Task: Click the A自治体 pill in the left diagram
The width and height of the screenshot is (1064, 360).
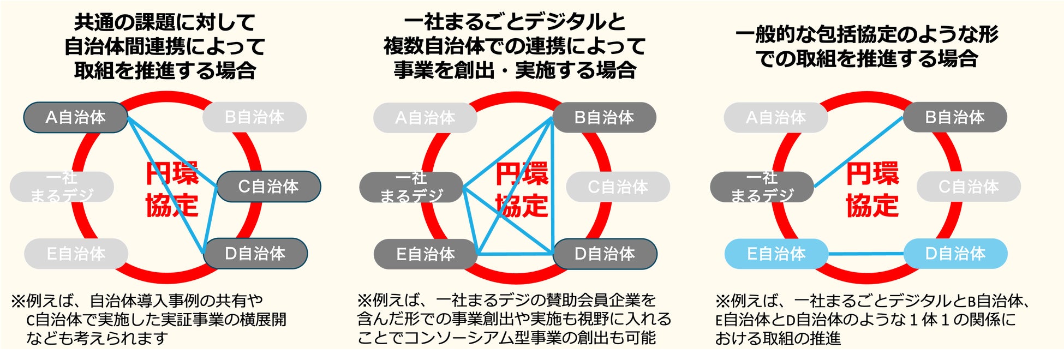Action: coord(75,117)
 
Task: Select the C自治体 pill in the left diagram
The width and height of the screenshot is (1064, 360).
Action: coord(268,187)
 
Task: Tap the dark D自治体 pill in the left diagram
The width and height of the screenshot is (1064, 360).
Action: coord(255,254)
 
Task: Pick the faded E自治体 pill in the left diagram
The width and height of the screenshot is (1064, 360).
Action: coord(76,254)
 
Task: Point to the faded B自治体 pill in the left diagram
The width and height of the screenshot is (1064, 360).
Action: coord(254,117)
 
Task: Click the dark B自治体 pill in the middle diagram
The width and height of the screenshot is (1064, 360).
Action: coord(604,117)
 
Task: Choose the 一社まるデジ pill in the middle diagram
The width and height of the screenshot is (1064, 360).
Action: coord(411,187)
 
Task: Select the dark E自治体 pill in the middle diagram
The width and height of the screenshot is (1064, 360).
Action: coord(425,254)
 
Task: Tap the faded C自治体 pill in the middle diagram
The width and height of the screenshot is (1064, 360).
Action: coord(618,187)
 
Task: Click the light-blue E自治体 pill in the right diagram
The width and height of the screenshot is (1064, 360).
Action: coord(776,254)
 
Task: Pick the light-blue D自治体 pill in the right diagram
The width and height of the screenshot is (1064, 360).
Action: coord(955,254)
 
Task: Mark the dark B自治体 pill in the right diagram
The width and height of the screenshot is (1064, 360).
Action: coord(955,117)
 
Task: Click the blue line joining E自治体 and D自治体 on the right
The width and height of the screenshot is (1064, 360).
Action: coord(865,254)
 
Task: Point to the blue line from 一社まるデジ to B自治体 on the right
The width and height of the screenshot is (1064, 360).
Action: coord(858,152)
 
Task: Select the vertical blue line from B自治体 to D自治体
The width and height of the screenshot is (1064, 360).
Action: coord(552,185)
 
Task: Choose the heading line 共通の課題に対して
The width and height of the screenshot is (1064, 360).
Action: coord(165,23)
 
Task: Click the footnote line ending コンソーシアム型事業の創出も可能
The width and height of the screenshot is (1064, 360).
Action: coord(506,338)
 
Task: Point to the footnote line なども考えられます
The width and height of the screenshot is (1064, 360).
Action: coord(97,339)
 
